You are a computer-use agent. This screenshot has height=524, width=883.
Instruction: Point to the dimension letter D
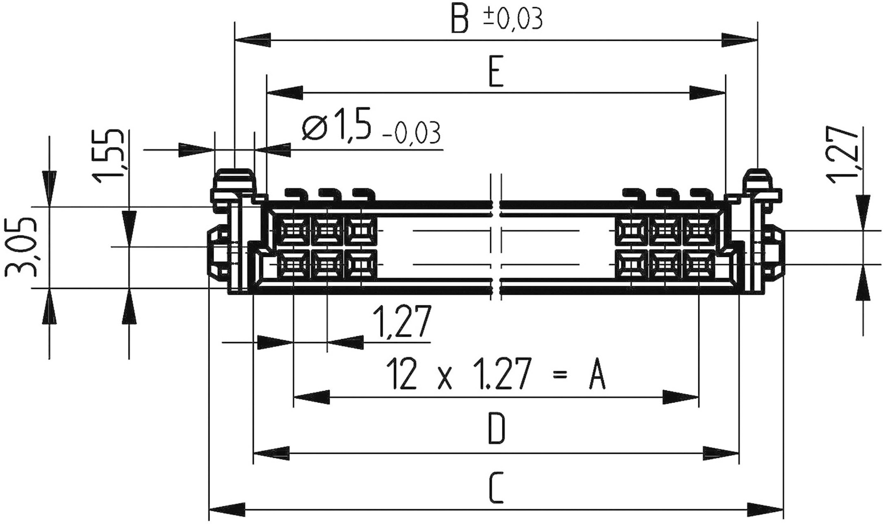point(497,429)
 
